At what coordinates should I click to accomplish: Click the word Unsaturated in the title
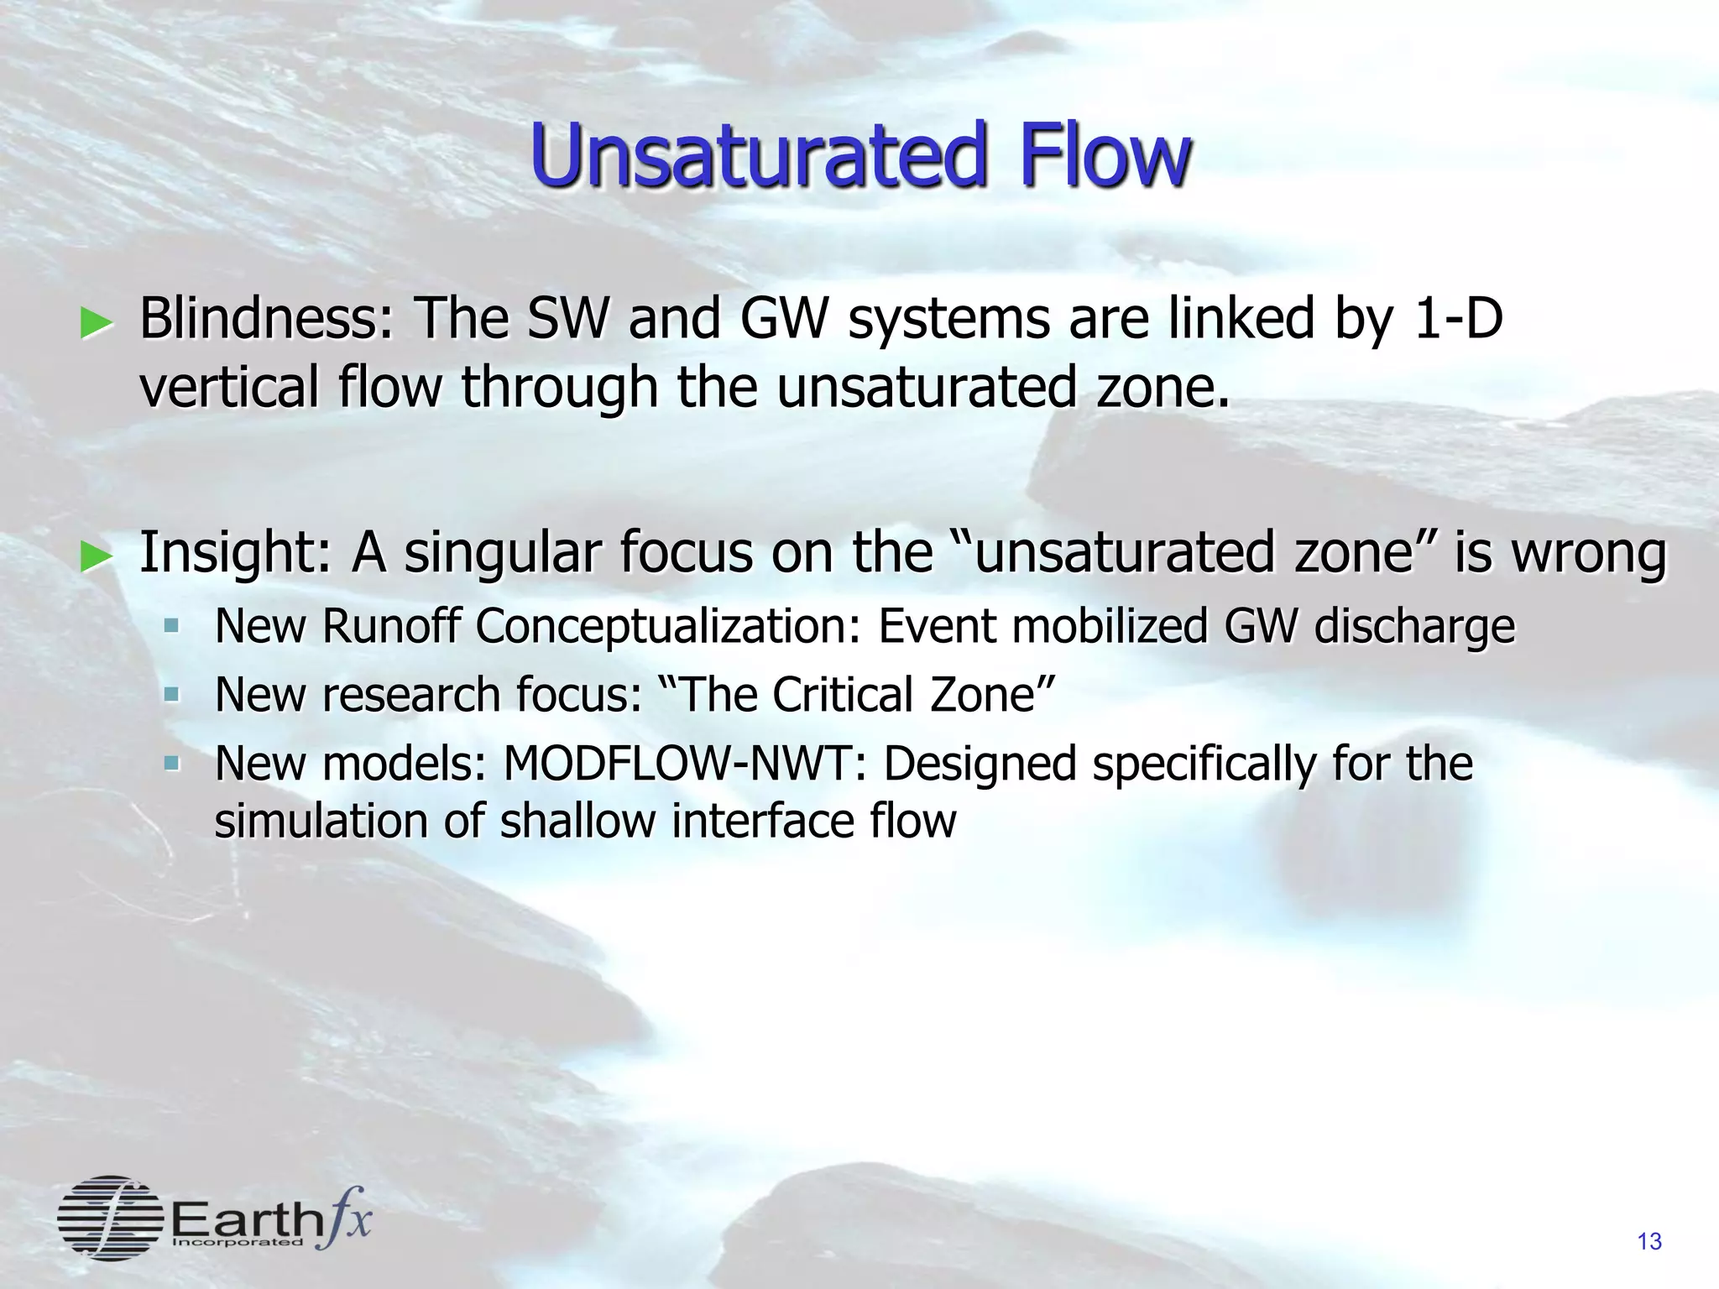pyautogui.click(x=756, y=155)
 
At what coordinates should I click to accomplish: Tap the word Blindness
pyautogui.click(x=266, y=320)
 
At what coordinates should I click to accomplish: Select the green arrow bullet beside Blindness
pyautogui.click(x=96, y=323)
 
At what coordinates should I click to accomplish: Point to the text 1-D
pyautogui.click(x=1457, y=320)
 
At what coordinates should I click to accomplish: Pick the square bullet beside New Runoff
pyautogui.click(x=172, y=626)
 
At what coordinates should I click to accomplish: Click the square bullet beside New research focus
pyautogui.click(x=172, y=695)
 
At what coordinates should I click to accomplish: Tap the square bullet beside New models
pyautogui.click(x=172, y=764)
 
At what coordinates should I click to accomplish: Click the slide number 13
pyautogui.click(x=1648, y=1242)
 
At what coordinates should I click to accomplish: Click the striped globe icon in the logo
pyautogui.click(x=109, y=1218)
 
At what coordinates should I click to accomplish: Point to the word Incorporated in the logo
pyautogui.click(x=238, y=1242)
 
